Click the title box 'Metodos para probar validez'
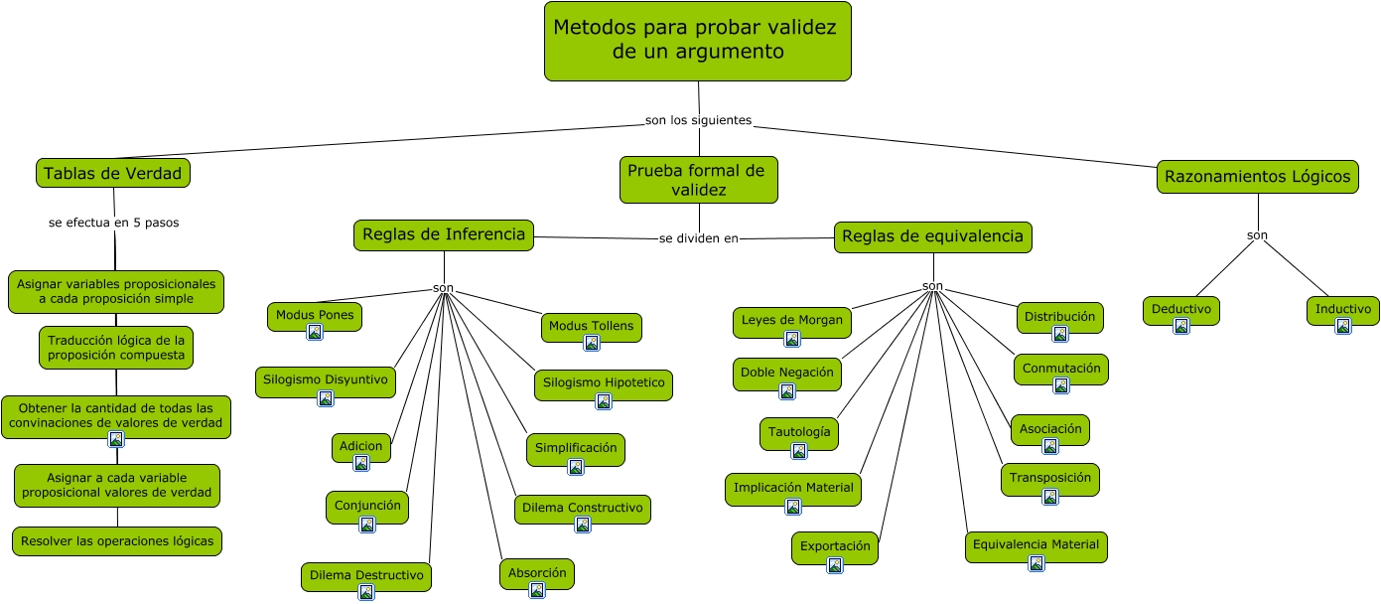697,41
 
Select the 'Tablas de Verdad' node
113,174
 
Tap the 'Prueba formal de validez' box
698,180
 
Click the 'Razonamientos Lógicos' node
1257,178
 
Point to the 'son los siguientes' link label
698,120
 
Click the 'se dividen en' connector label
699,238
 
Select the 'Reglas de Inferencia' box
444,235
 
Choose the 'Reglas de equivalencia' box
932,236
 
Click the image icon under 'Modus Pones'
315,332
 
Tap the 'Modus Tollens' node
592,327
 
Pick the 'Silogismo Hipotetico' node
604,384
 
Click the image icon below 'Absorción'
537,590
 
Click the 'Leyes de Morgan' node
792,321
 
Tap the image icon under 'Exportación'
835,565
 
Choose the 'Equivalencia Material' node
1036,545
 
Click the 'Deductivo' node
1180,310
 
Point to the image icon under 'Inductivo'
1343,326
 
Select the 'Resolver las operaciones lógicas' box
117,541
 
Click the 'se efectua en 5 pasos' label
113,223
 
